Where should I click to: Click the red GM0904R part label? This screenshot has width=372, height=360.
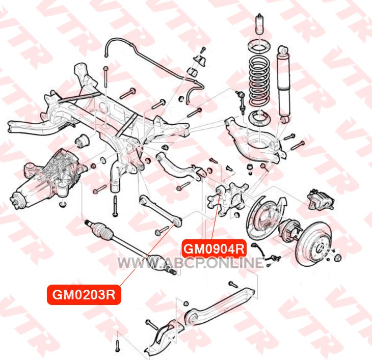pyautogui.click(x=214, y=248)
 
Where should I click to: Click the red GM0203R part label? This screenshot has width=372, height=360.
pyautogui.click(x=84, y=295)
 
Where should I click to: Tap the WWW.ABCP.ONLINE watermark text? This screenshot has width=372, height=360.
pyautogui.click(x=191, y=263)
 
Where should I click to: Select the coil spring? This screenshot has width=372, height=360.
pyautogui.click(x=259, y=80)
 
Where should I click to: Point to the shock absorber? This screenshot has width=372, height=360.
pyautogui.click(x=283, y=84)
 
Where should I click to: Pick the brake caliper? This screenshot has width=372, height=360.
pyautogui.click(x=321, y=199)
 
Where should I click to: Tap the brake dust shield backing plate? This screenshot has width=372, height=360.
pyautogui.click(x=264, y=217)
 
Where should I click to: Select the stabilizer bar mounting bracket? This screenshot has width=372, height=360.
pyautogui.click(x=200, y=61)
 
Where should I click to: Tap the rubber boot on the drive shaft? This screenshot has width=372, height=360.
pyautogui.click(x=102, y=229)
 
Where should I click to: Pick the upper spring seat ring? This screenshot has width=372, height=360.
pyautogui.click(x=259, y=47)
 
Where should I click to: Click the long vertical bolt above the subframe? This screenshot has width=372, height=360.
pyautogui.click(x=105, y=77)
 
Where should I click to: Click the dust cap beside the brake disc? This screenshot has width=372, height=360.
pyautogui.click(x=338, y=258)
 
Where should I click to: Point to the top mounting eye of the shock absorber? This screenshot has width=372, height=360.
pyautogui.click(x=283, y=50)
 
